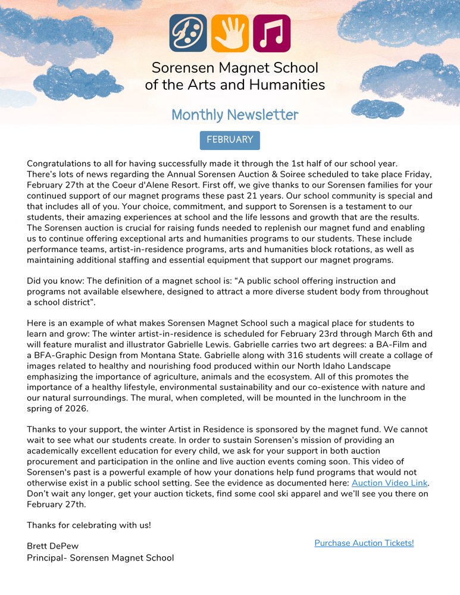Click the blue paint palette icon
[188, 33]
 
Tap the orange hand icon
[230, 33]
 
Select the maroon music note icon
[271, 33]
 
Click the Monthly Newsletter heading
[235, 115]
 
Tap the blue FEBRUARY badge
[230, 140]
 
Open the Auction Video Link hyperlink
[389, 483]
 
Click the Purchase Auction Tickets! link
[364, 543]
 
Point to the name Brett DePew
[52, 546]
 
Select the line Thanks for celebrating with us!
[89, 525]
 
